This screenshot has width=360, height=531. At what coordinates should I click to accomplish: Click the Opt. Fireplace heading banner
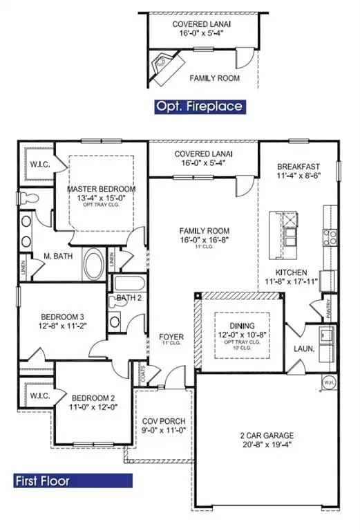200,106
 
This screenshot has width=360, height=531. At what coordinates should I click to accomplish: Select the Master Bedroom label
101,189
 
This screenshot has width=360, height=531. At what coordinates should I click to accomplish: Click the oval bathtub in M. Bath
91,264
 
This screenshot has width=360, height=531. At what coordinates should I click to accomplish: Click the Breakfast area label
299,167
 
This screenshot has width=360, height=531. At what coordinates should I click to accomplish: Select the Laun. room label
305,349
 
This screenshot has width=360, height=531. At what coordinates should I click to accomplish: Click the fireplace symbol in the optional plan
164,64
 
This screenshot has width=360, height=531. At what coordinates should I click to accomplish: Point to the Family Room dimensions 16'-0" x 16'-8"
204,241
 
